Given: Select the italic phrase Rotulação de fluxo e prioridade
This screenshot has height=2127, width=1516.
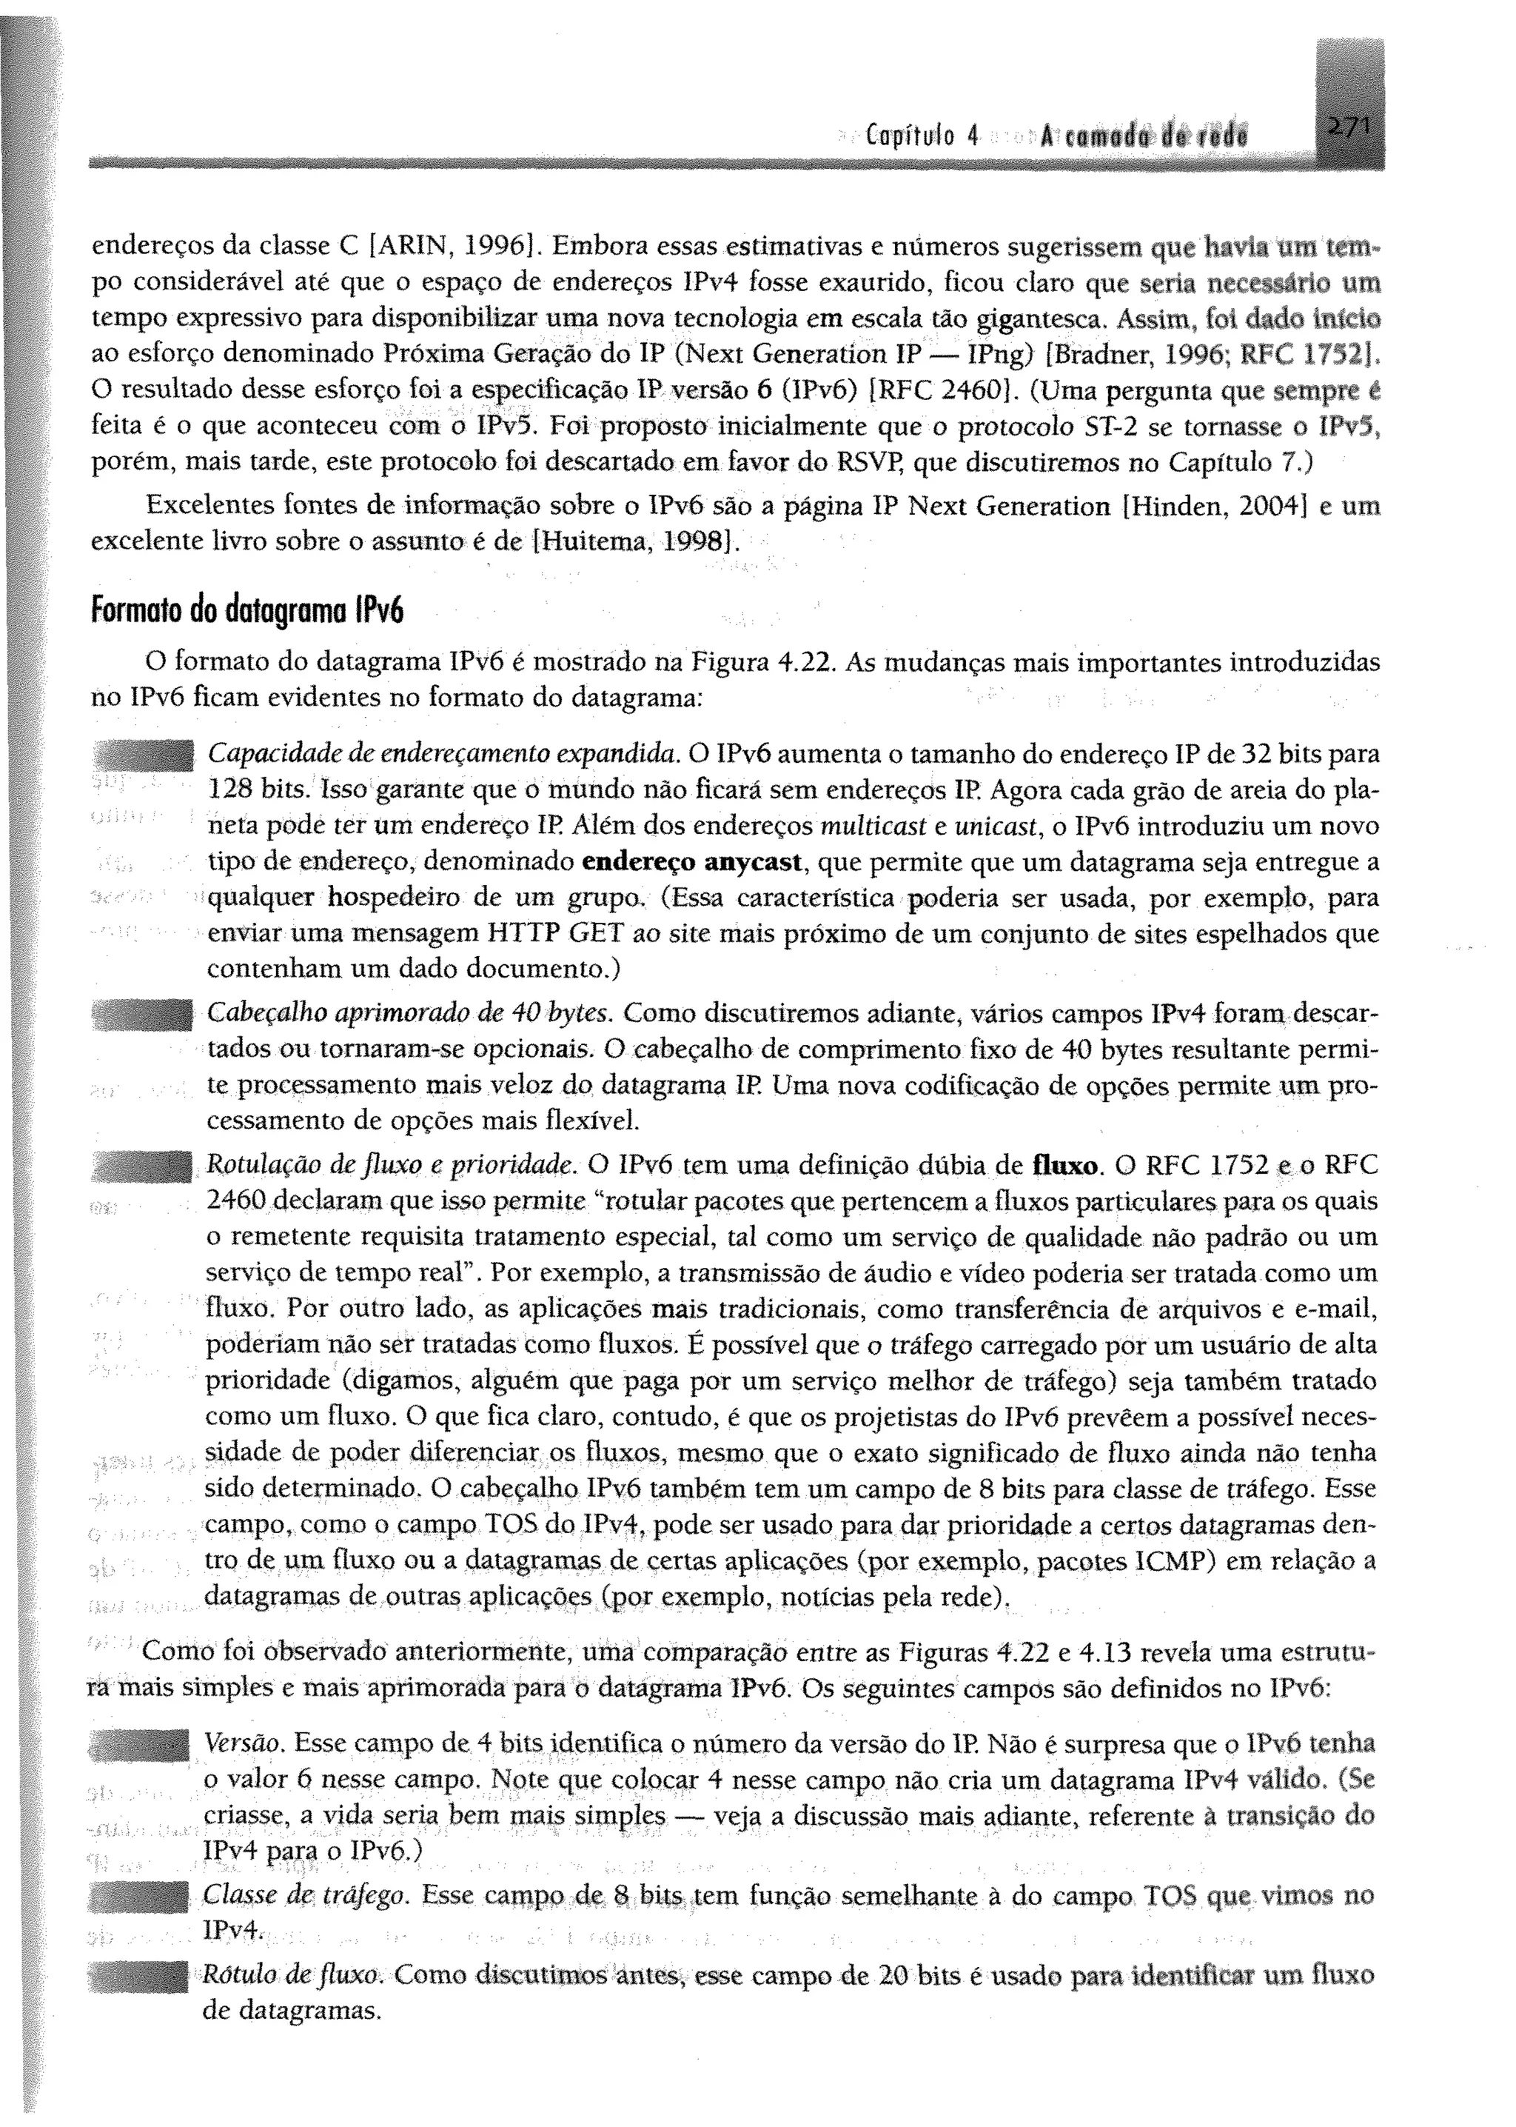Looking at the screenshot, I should pyautogui.click(x=392, y=1166).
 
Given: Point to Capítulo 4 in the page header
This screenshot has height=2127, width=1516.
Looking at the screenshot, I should pyautogui.click(x=919, y=136).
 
